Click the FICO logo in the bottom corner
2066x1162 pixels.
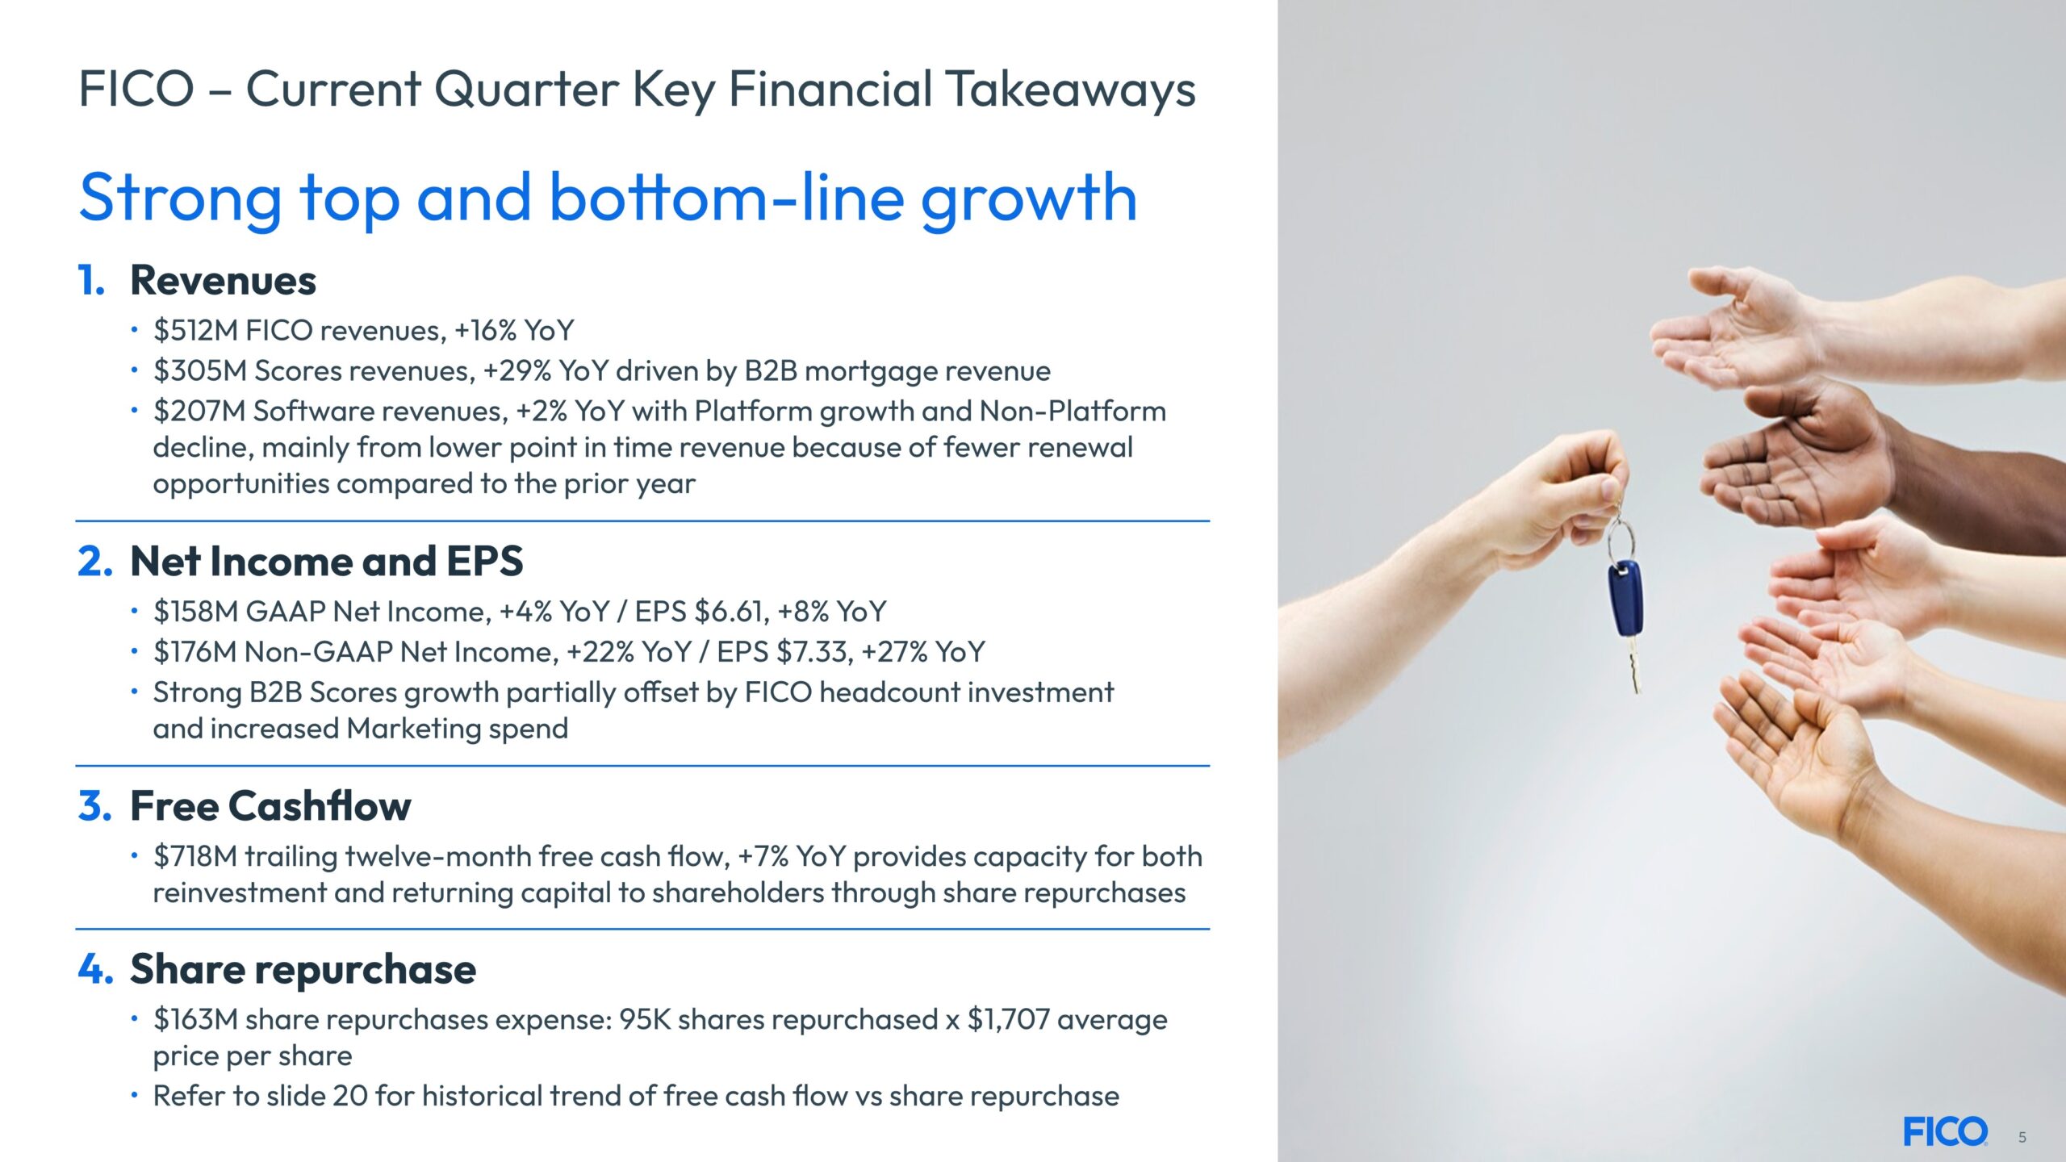click(x=1945, y=1131)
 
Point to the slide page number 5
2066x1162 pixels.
click(x=2022, y=1137)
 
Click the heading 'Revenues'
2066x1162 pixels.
click(x=223, y=280)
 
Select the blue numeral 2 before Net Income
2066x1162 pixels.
click(x=94, y=561)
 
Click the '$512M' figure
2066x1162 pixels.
click(x=195, y=330)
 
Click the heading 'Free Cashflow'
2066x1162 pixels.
click(x=270, y=805)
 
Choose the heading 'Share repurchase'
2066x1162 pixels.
click(x=303, y=969)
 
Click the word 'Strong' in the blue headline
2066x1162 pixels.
click(x=181, y=199)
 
